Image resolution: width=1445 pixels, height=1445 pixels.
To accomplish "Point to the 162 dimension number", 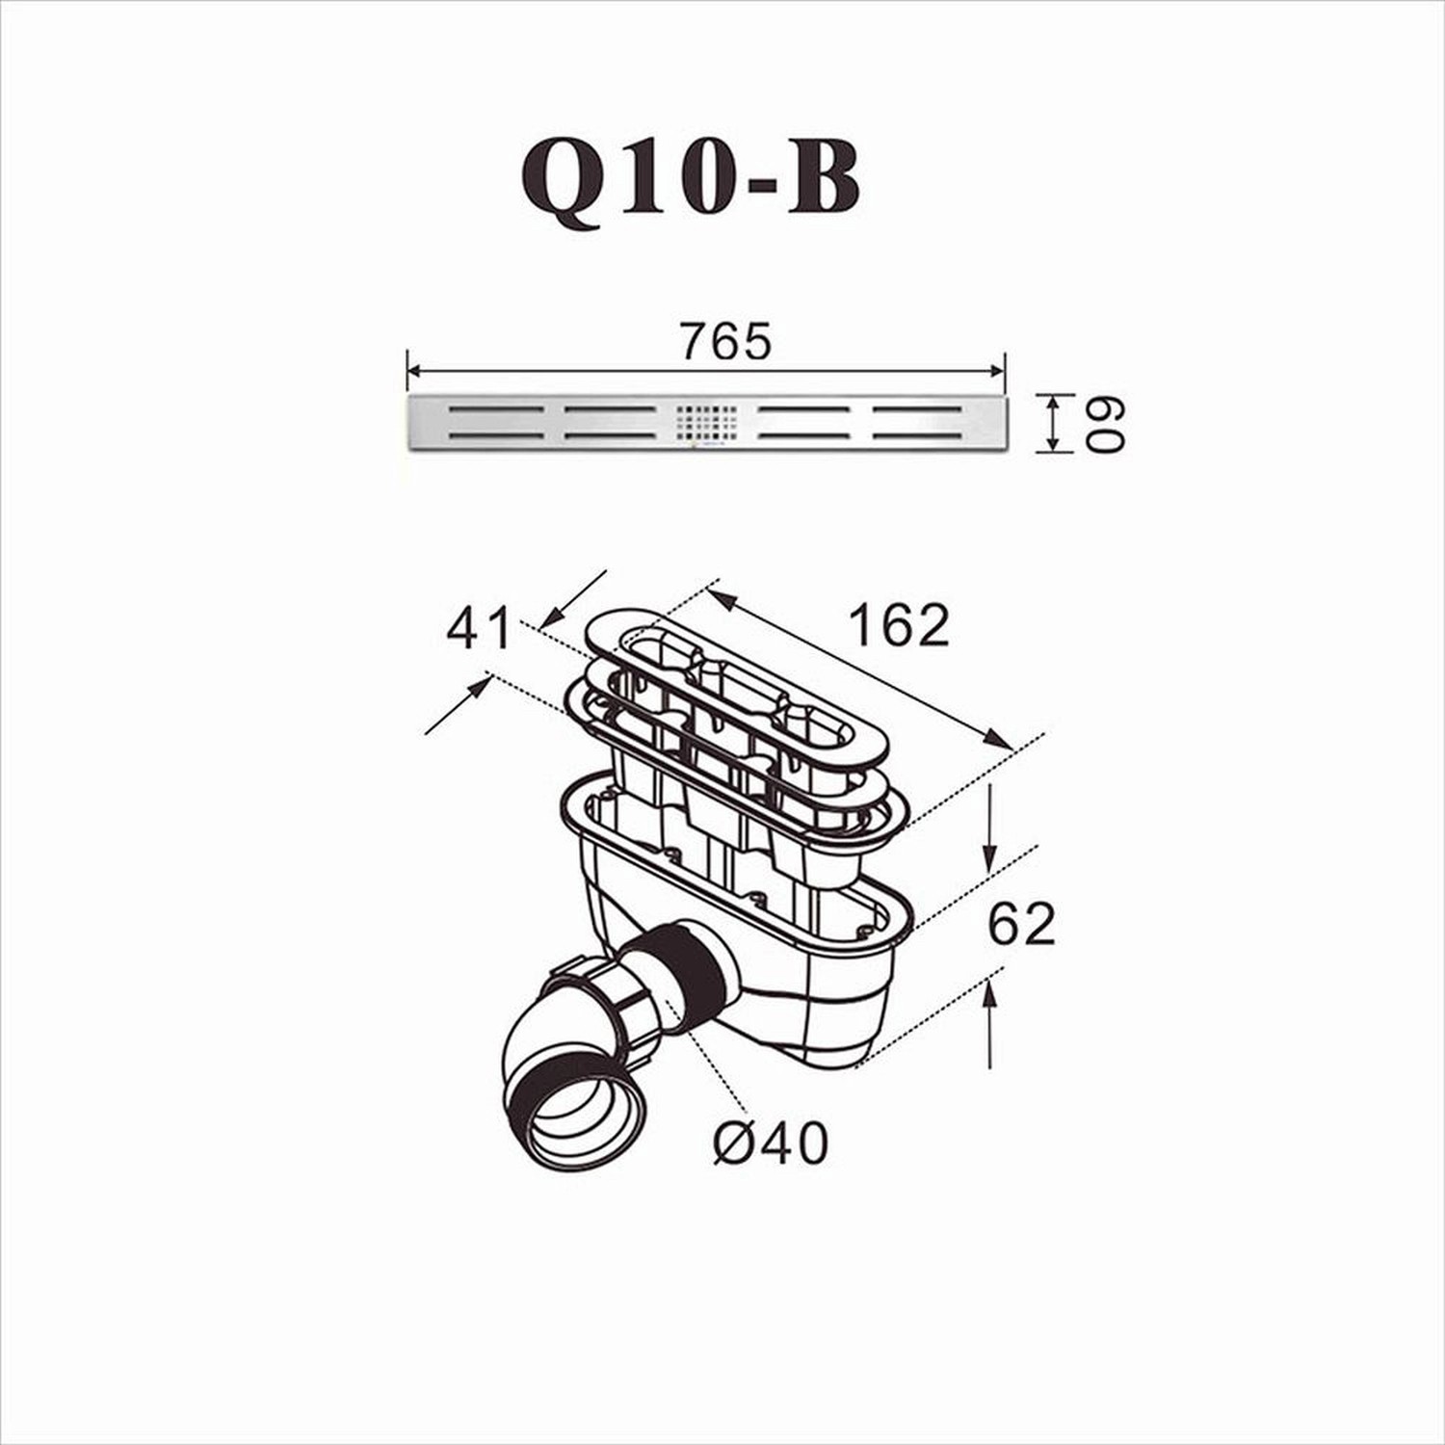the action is pyautogui.click(x=899, y=625).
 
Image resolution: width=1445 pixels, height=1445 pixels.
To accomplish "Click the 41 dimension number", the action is pyautogui.click(x=479, y=631).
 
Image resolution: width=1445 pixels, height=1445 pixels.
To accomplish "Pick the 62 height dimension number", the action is pyautogui.click(x=1022, y=924).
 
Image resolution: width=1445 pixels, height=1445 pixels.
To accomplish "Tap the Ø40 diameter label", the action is pyautogui.click(x=771, y=1143).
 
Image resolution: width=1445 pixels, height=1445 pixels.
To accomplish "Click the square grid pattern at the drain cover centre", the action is pyautogui.click(x=707, y=423).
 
